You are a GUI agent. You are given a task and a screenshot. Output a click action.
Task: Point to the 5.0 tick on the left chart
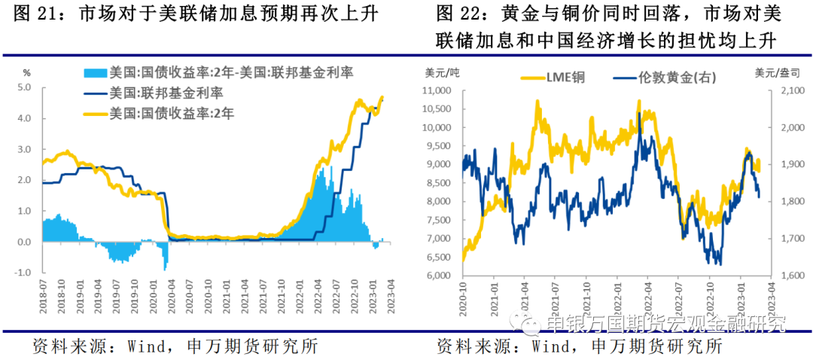pyautogui.click(x=23, y=87)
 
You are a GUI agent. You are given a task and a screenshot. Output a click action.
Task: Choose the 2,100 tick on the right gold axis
pyautogui.click(x=783, y=90)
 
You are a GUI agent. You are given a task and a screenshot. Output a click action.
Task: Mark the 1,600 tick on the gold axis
pyautogui.click(x=783, y=276)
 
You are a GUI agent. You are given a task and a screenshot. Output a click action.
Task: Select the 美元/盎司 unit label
pyautogui.click(x=776, y=72)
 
